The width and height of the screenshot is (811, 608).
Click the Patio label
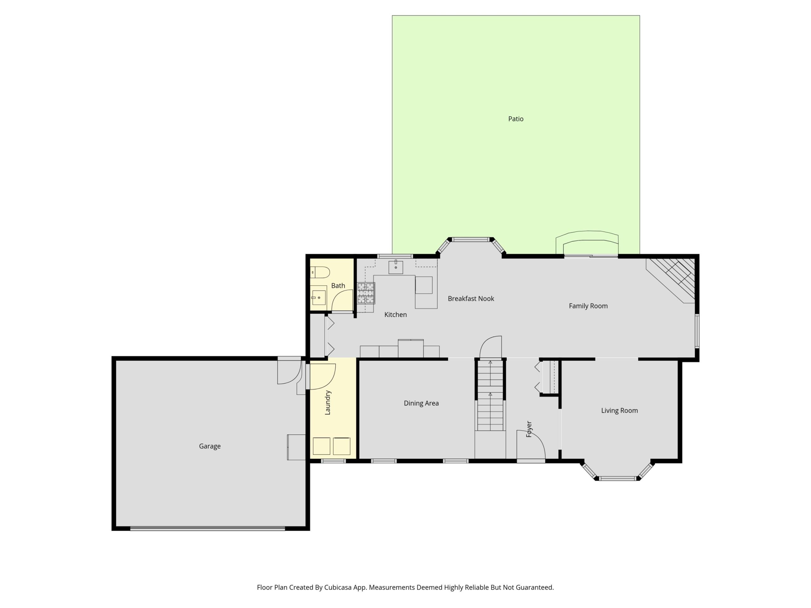(515, 119)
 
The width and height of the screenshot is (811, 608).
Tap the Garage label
(210, 446)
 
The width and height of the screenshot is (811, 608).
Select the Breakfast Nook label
(471, 299)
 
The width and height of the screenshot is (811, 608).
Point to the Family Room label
(588, 306)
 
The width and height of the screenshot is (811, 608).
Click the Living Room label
(619, 410)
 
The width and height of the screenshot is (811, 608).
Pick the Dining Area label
(421, 403)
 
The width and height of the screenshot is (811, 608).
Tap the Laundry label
(328, 402)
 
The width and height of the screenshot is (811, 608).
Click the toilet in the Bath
(320, 272)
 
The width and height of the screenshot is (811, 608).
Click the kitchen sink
(396, 267)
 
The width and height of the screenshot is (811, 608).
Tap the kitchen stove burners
(366, 293)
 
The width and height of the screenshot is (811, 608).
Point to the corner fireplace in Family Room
(674, 279)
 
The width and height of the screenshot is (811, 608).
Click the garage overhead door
(208, 529)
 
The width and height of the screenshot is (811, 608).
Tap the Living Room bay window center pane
(618, 478)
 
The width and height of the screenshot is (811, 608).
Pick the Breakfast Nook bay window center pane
(471, 240)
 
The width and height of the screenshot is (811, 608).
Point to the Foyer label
(529, 429)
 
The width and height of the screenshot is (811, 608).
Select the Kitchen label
(395, 314)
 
